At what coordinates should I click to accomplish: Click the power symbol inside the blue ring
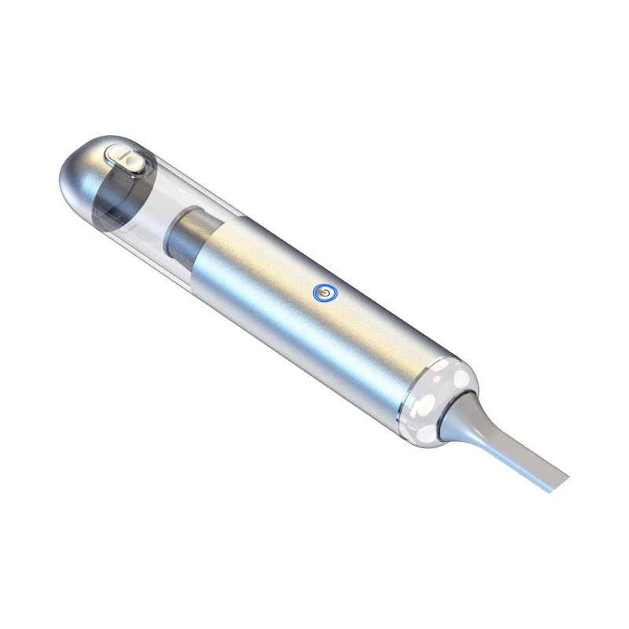322,293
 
